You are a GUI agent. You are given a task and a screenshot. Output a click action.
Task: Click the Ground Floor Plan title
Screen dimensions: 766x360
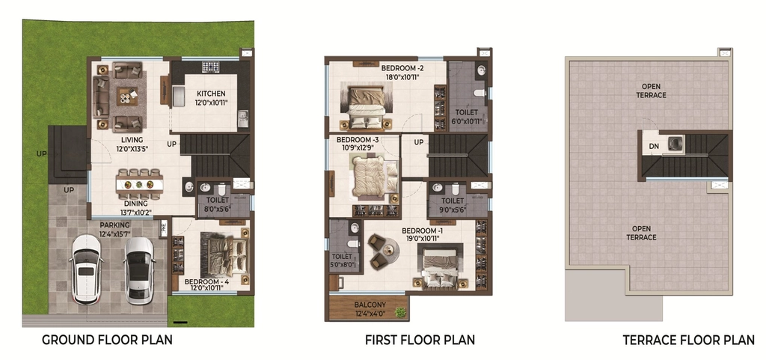pos(107,340)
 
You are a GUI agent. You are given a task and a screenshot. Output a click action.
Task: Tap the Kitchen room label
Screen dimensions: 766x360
pos(211,94)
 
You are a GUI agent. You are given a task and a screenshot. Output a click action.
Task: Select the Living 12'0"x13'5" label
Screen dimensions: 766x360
pos(132,144)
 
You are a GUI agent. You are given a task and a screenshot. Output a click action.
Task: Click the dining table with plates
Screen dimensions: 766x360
pos(138,185)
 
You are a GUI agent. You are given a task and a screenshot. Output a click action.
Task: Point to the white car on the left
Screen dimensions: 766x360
pos(87,269)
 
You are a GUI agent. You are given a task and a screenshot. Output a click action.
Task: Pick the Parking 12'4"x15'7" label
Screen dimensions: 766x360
pos(114,229)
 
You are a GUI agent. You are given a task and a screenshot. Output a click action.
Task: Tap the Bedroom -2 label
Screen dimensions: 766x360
pos(399,68)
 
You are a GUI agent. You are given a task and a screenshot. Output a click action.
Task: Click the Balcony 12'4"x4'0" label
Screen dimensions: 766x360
pos(370,309)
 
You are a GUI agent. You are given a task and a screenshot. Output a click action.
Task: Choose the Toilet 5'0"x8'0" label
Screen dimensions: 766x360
pos(342,260)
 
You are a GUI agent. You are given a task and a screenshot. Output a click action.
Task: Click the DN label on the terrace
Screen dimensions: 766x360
pos(654,146)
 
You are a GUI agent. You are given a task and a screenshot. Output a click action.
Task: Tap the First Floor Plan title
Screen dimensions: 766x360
pos(420,340)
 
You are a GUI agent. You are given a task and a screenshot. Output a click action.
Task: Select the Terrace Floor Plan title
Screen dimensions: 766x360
pos(688,340)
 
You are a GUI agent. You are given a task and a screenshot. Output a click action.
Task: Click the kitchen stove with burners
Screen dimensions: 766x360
pos(210,67)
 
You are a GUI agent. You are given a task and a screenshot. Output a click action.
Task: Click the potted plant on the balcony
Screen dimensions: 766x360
pos(401,312)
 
